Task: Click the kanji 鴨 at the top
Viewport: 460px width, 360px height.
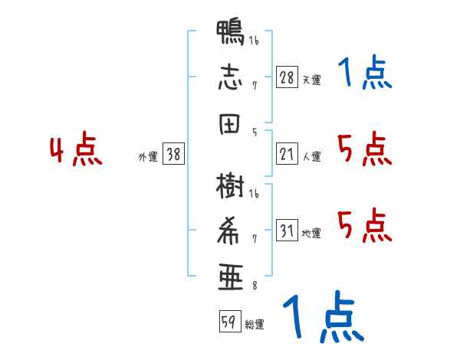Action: click(x=230, y=32)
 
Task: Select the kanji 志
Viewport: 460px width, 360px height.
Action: click(x=230, y=77)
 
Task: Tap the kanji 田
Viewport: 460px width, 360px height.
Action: click(x=230, y=124)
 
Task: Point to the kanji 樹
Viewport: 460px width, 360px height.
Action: click(x=230, y=186)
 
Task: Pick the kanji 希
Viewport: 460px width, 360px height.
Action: click(x=228, y=231)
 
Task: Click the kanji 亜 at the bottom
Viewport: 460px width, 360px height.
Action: click(x=231, y=277)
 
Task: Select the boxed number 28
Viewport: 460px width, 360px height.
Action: click(x=287, y=77)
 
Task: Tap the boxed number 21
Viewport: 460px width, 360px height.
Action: click(x=287, y=154)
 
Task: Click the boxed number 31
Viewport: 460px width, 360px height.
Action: click(x=287, y=230)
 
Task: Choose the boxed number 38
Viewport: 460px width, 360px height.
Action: click(x=173, y=154)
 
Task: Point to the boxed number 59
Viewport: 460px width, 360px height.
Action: click(x=230, y=321)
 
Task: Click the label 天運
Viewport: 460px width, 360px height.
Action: click(x=311, y=80)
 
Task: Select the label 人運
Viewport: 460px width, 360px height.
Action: click(x=311, y=156)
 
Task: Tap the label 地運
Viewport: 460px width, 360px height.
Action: click(x=311, y=234)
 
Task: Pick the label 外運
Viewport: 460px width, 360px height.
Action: click(x=148, y=157)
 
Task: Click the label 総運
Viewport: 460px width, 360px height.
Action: click(x=255, y=325)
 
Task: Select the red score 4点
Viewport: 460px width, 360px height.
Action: click(x=76, y=149)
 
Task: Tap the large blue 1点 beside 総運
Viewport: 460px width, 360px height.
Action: click(x=324, y=316)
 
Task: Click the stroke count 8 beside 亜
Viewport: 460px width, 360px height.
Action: click(x=255, y=286)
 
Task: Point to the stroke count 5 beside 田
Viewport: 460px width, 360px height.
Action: click(x=255, y=133)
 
